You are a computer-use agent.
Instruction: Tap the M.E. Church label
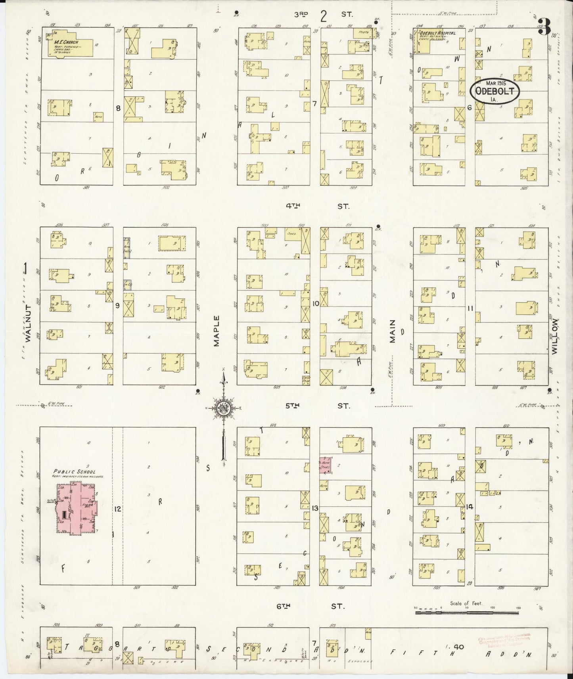pyautogui.click(x=67, y=42)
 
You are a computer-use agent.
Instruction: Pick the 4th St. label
pyautogui.click(x=318, y=206)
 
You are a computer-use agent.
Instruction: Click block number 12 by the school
pyautogui.click(x=117, y=509)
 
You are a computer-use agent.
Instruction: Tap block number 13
pyautogui.click(x=315, y=508)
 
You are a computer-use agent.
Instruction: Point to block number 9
pyautogui.click(x=117, y=305)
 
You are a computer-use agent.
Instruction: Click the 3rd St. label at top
pyautogui.click(x=323, y=15)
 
